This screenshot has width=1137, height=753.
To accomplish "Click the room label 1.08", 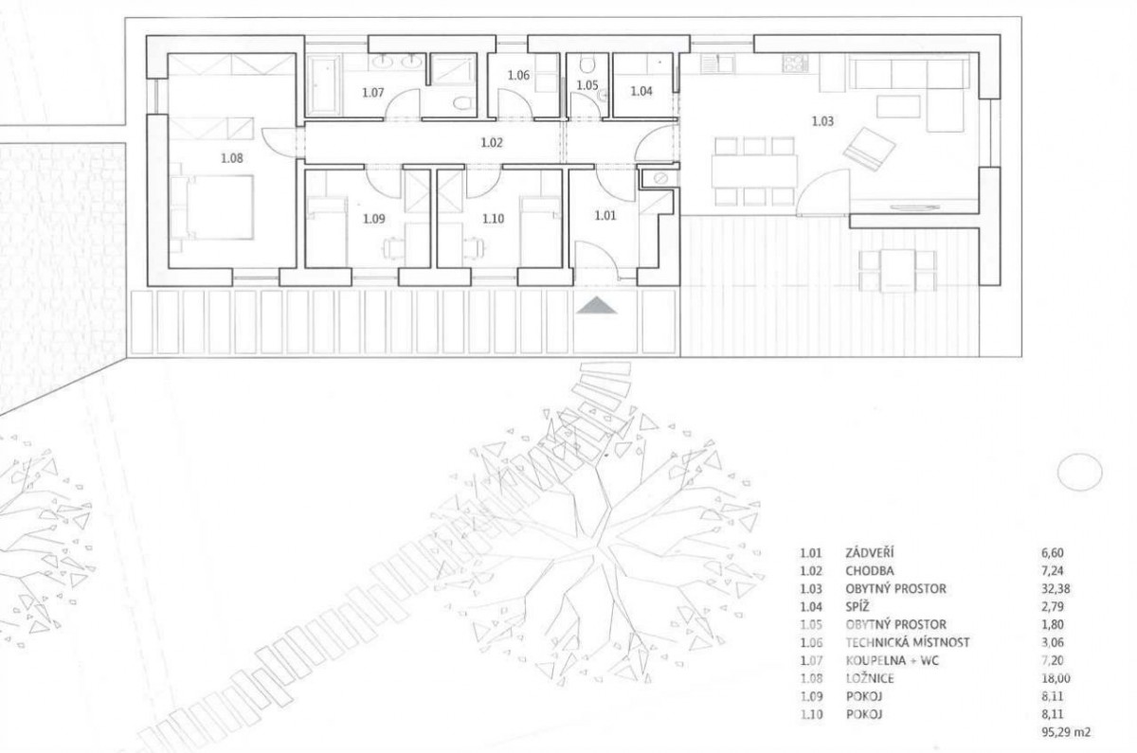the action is click(x=231, y=158).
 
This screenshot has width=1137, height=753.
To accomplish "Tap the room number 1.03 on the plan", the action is click(x=822, y=121).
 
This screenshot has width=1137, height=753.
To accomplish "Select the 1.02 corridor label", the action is click(x=492, y=143).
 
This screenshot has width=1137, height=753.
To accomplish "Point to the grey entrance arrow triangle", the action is click(x=597, y=305).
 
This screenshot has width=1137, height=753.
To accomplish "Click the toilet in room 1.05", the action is click(x=587, y=64).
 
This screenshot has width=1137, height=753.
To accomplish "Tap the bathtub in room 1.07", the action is click(x=324, y=84).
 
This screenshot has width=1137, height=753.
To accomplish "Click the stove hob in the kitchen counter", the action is click(x=795, y=63).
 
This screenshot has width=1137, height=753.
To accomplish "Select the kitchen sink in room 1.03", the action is click(x=717, y=63).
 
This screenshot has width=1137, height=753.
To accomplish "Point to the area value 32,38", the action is click(x=1056, y=588).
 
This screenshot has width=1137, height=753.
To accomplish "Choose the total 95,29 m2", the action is click(x=1065, y=732).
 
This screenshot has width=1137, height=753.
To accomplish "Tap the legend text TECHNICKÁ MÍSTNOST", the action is click(x=908, y=642).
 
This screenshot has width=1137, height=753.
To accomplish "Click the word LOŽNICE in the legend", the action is click(x=870, y=678).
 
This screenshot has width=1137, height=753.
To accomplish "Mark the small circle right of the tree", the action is click(x=1079, y=472).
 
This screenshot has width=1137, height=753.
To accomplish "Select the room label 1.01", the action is click(x=605, y=216).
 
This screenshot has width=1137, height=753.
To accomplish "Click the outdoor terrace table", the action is click(x=898, y=271).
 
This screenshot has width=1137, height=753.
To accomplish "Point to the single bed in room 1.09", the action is click(x=326, y=231).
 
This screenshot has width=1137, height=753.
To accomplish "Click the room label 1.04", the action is click(x=641, y=91).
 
